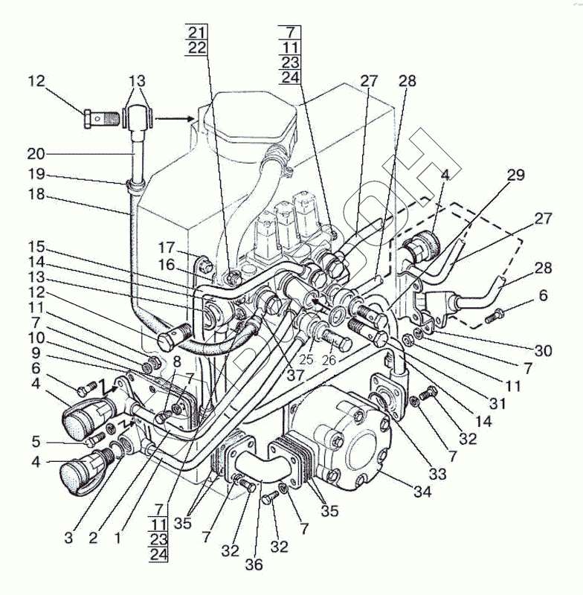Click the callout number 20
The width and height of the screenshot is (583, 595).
[x=35, y=155]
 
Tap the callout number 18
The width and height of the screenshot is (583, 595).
[x=35, y=195]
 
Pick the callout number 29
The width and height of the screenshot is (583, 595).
[x=516, y=176]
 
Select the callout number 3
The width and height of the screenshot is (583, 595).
[x=68, y=537]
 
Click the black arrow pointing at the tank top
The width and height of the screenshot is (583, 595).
[x=178, y=117]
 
